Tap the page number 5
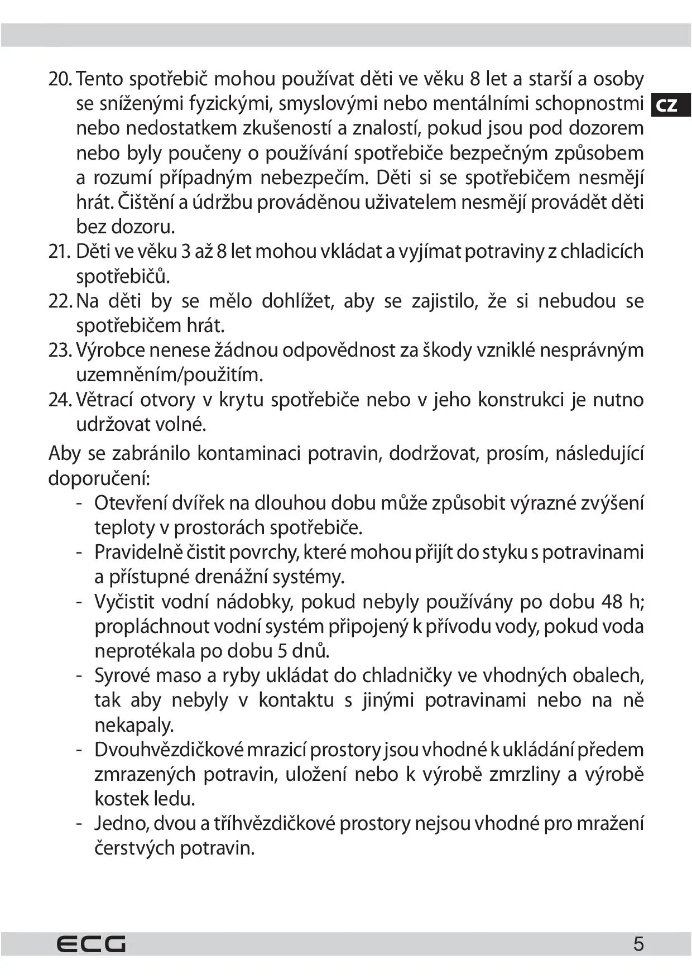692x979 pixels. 638,944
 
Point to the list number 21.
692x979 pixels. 59,252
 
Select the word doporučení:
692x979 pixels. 99,478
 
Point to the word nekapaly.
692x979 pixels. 134,725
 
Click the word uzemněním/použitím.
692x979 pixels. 169,375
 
